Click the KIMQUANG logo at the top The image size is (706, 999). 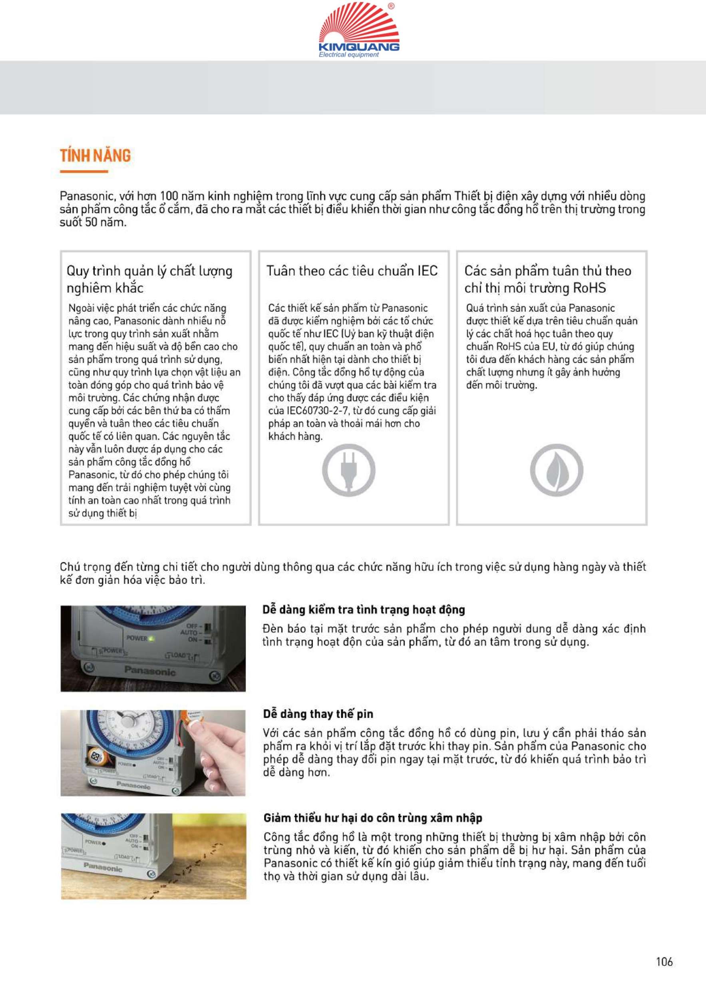tap(359, 30)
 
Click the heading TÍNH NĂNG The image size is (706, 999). tap(95, 155)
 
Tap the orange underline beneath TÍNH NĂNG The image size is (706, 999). tap(84, 171)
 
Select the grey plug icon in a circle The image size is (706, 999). tap(348, 470)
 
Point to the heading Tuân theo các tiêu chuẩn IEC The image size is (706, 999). tap(352, 271)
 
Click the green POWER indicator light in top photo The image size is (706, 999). tap(151, 638)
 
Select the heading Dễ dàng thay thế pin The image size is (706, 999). tap(318, 714)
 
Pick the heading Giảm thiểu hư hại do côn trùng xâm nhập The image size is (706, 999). tap(372, 818)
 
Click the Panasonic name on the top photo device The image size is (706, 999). tap(150, 671)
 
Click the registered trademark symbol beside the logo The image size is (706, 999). tap(391, 6)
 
